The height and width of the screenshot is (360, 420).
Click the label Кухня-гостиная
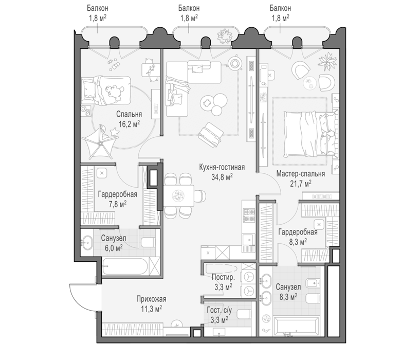[222, 167]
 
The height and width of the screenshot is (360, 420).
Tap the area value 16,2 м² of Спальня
[129, 124]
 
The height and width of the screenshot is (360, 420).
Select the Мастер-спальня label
[301, 174]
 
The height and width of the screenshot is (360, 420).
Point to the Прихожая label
[151, 299]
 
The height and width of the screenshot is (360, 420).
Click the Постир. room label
[223, 277]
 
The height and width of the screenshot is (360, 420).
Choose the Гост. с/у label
[220, 310]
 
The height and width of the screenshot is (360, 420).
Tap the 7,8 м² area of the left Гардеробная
[118, 204]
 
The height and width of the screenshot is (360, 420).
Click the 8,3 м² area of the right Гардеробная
[298, 242]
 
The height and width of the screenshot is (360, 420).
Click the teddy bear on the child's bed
[114, 92]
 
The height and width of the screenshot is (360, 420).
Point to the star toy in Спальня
[115, 131]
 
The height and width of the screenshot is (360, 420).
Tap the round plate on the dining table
[178, 195]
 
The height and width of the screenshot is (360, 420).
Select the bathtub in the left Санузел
[125, 266]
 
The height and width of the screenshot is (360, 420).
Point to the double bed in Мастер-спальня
[311, 134]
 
